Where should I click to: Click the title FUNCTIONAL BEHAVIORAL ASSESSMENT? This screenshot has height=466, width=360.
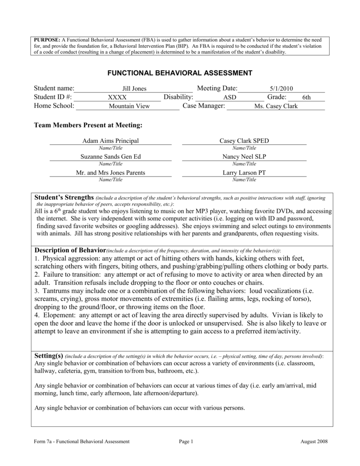click(179, 73)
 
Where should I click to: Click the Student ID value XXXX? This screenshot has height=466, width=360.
click(117, 97)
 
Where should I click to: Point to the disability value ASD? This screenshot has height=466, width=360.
click(229, 97)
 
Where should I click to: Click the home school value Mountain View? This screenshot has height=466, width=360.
click(129, 106)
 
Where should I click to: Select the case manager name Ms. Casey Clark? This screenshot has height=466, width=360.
click(276, 106)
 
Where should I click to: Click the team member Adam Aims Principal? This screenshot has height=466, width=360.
click(110, 141)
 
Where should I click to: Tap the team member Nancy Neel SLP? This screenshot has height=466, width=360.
click(244, 157)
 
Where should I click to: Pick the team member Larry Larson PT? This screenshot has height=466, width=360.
click(244, 173)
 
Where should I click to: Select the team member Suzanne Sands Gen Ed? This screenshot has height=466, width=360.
click(110, 157)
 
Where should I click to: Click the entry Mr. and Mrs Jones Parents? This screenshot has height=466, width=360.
click(110, 173)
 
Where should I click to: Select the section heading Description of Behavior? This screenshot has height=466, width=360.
click(70, 250)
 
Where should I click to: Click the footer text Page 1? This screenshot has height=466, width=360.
click(187, 441)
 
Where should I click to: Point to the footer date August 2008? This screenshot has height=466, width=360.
click(314, 441)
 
